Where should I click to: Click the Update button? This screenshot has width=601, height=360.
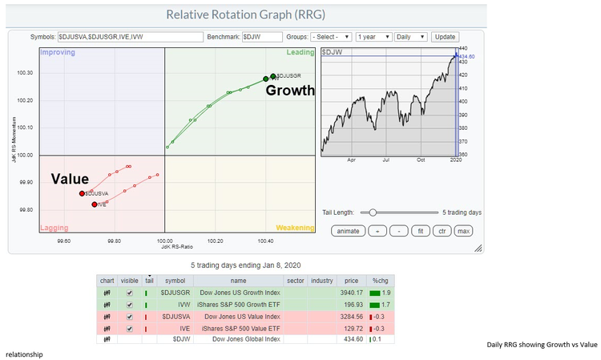click(445, 37)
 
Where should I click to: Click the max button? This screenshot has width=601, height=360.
click(463, 230)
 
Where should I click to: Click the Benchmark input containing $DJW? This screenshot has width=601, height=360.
click(262, 37)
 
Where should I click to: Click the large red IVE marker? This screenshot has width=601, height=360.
click(95, 204)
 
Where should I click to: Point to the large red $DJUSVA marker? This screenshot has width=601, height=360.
click(82, 193)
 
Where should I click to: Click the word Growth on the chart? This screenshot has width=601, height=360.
click(290, 91)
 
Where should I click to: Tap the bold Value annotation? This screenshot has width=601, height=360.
click(70, 179)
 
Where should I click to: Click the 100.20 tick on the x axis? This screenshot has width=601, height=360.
click(215, 240)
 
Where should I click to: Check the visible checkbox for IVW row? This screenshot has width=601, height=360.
click(130, 305)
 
